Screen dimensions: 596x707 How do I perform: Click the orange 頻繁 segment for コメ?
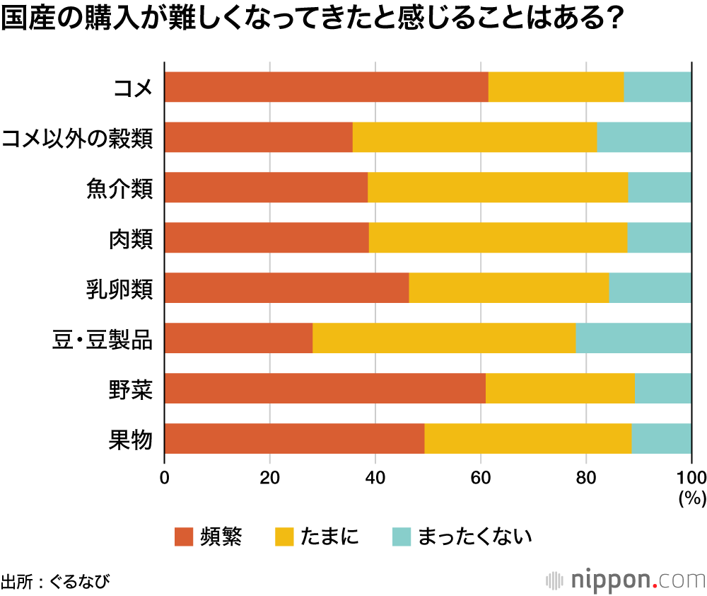pyautogui.click(x=326, y=87)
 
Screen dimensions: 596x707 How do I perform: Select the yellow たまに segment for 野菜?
pyautogui.click(x=560, y=389)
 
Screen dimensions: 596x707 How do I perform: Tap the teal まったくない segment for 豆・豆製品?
pyautogui.click(x=633, y=338)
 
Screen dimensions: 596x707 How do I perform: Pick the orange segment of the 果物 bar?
pyautogui.click(x=294, y=439)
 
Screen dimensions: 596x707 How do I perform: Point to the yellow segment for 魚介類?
pyautogui.click(x=498, y=188)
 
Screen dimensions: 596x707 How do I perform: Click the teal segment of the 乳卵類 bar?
pyautogui.click(x=650, y=288)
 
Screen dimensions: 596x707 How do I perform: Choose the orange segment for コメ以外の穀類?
pyautogui.click(x=258, y=137)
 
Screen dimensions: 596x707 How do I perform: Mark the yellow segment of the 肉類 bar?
pyautogui.click(x=498, y=238)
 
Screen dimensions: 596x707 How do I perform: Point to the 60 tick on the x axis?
pyautogui.click(x=481, y=476)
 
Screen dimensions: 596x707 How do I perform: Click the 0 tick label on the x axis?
pyautogui.click(x=165, y=476)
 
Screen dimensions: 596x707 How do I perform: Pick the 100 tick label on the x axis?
pyautogui.click(x=691, y=476)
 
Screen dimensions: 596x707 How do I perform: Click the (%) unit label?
pyautogui.click(x=692, y=498)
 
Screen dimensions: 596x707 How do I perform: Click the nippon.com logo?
pyautogui.click(x=626, y=580)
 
